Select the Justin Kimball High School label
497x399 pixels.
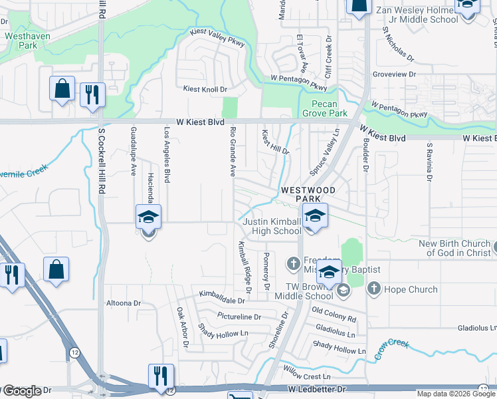click(x=271, y=226)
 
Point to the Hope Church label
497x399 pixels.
click(x=413, y=289)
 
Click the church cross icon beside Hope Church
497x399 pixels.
click(x=373, y=289)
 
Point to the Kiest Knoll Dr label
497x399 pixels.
click(x=205, y=89)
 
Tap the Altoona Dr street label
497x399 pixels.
click(x=124, y=303)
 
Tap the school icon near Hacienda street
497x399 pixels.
click(x=148, y=217)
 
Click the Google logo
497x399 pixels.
click(x=22, y=391)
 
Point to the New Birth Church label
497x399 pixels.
click(x=455, y=248)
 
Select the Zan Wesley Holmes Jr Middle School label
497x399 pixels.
click(x=416, y=15)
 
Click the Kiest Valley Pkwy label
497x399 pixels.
click(x=217, y=38)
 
